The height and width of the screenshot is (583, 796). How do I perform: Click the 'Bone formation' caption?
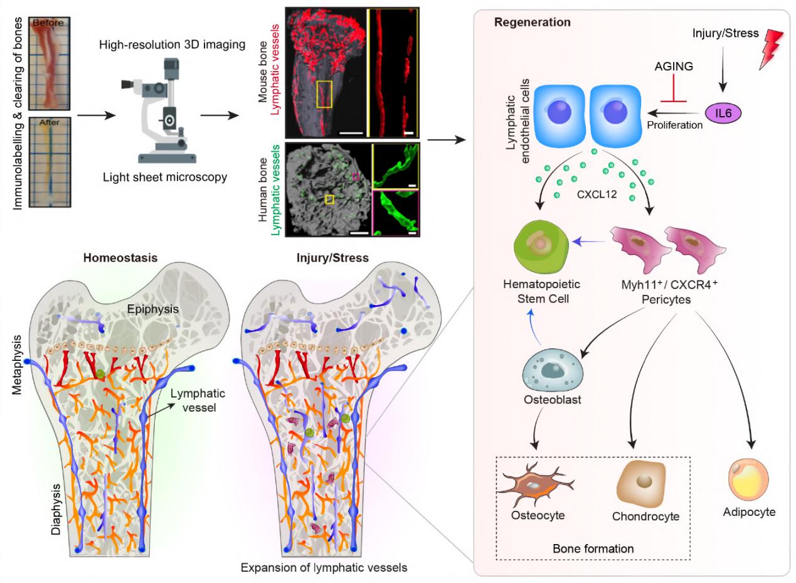coord(593,548)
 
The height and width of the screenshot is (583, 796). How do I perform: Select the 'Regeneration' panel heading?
coord(532,23)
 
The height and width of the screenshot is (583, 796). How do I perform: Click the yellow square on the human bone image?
coord(330,199)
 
